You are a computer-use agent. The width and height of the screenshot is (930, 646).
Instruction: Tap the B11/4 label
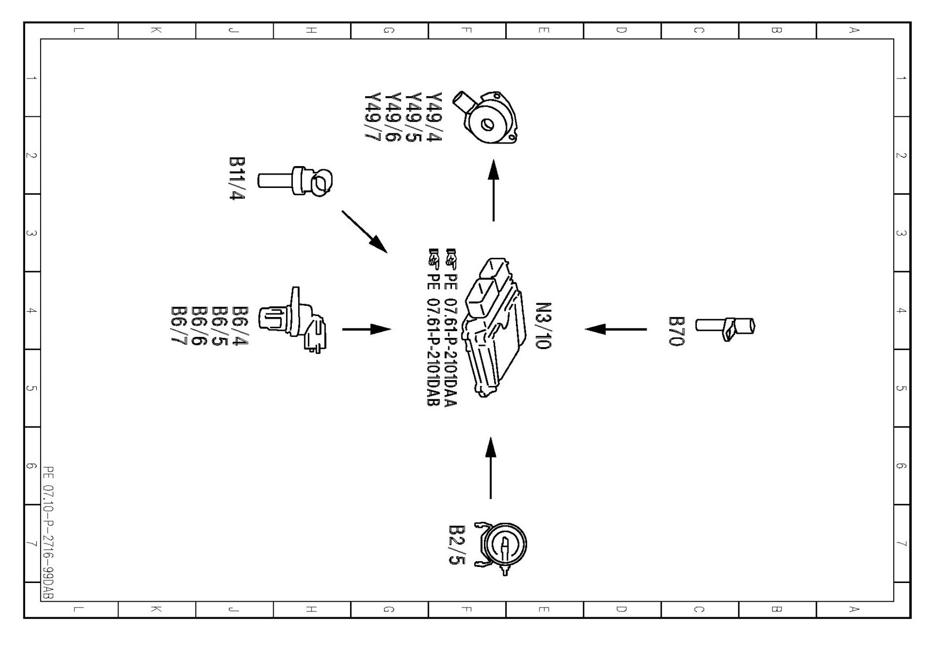coord(237,178)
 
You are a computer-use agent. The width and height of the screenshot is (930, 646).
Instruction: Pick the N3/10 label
coord(543,326)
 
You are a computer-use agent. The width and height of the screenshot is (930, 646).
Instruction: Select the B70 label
coord(677,331)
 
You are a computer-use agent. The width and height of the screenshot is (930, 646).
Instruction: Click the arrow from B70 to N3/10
coord(616,329)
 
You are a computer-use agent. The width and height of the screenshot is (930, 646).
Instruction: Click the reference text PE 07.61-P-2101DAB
coord(433,327)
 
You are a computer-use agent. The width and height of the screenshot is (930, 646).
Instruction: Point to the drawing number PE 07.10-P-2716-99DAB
coord(49,539)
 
